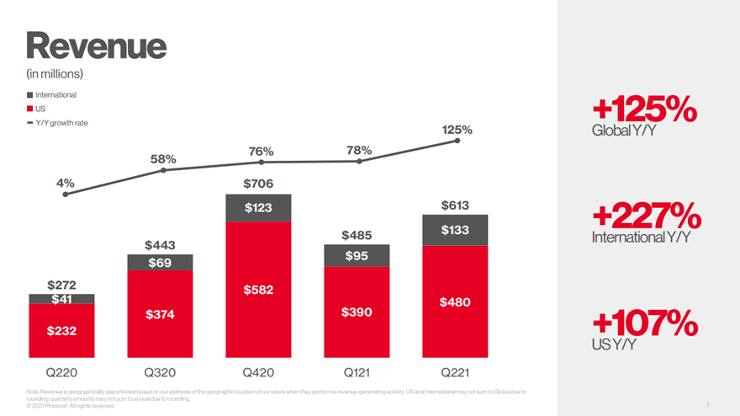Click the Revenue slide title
pyautogui.click(x=96, y=44)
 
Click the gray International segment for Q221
pyautogui.click(x=454, y=230)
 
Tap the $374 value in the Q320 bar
pyautogui.click(x=160, y=314)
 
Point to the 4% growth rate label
pyautogui.click(x=65, y=182)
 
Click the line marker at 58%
pyautogui.click(x=163, y=170)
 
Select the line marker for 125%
pyautogui.click(x=457, y=141)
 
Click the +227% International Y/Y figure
pyautogui.click(x=646, y=214)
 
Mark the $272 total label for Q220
pyautogui.click(x=61, y=285)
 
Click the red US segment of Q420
pyautogui.click(x=258, y=290)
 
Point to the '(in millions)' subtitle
pyautogui.click(x=54, y=73)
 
